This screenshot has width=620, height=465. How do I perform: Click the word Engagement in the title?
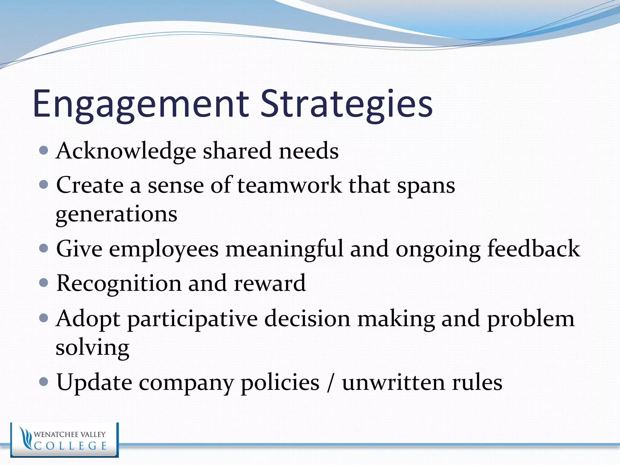click(140, 104)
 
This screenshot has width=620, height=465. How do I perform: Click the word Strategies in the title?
click(346, 104)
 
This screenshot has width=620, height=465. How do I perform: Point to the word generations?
click(117, 214)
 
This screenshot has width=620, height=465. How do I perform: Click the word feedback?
click(533, 249)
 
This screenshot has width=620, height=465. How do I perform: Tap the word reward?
click(270, 283)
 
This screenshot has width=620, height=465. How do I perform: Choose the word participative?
click(192, 319)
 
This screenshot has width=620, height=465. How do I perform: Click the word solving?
click(92, 348)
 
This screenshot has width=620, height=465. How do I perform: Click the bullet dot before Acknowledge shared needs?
click(44, 150)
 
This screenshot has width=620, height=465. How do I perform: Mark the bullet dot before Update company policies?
click(44, 382)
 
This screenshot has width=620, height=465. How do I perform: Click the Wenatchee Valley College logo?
click(64, 440)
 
